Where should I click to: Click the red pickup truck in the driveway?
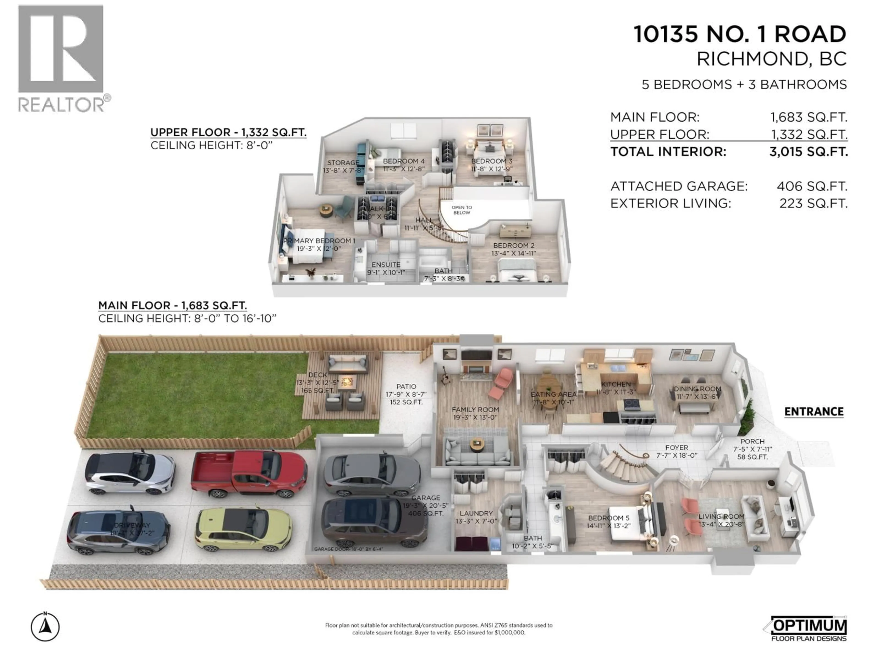[249, 474]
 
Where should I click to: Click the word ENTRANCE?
[814, 412]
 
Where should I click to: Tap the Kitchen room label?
[616, 384]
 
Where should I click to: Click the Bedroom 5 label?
[609, 518]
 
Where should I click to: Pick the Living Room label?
[721, 516]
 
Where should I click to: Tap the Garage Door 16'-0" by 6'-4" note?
[348, 549]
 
